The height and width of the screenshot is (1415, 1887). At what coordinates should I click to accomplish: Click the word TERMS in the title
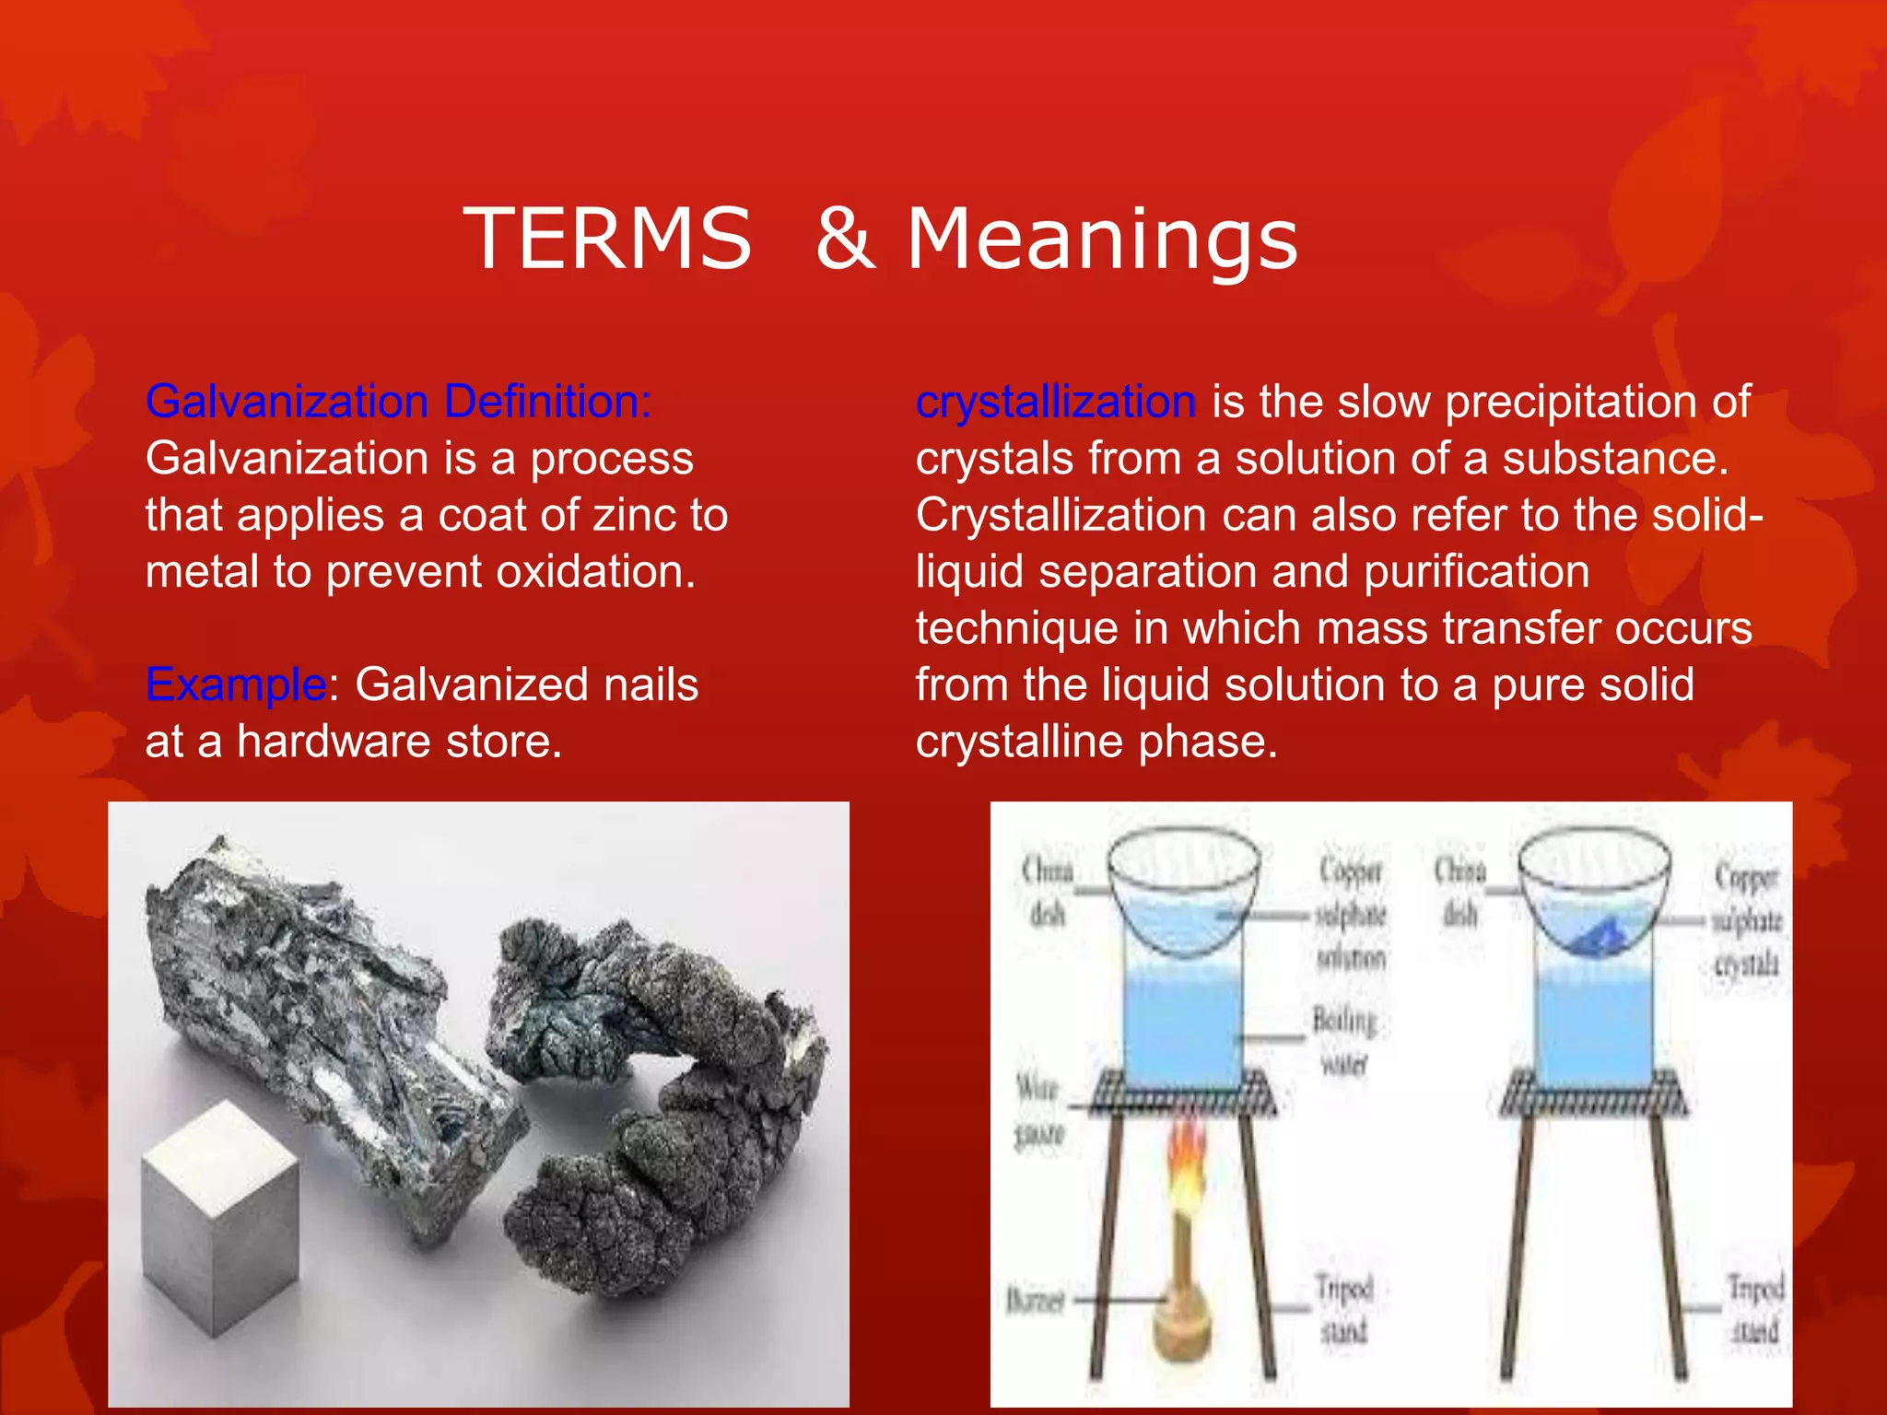point(607,240)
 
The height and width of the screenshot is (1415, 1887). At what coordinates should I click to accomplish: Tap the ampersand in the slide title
point(845,240)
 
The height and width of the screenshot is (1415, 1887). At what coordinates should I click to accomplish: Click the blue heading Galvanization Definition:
point(398,403)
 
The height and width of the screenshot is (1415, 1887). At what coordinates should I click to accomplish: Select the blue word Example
point(236,685)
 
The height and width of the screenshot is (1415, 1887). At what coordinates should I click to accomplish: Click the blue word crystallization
point(1055,403)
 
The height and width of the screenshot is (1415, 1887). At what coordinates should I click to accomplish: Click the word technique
point(1017,629)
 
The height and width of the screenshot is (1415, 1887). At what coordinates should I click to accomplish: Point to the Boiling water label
point(1344,1042)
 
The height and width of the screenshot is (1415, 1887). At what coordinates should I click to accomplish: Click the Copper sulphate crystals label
point(1746,920)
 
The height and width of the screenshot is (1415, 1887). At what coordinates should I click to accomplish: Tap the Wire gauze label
point(1038,1109)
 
